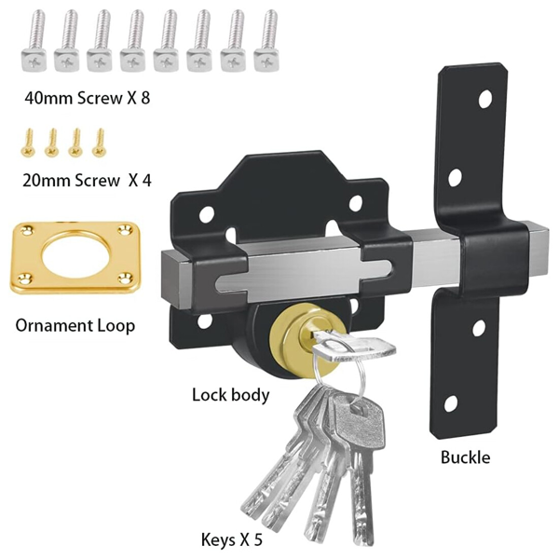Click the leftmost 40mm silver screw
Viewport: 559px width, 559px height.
pos(34,41)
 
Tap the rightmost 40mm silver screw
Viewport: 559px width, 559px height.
pos(266,40)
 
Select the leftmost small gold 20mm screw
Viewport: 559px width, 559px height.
pos(29,142)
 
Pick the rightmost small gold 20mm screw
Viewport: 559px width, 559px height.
pos(98,142)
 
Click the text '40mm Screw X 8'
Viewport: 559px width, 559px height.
pos(88,98)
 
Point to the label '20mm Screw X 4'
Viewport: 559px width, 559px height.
pos(87,181)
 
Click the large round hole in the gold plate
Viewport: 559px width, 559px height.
pos(75,257)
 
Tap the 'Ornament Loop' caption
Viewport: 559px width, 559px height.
pos(75,326)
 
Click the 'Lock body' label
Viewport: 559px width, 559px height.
pos(231,395)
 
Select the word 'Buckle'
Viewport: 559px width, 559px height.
pos(465,457)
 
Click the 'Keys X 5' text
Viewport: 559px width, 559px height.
pos(232,539)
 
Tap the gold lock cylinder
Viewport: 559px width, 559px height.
pos(304,338)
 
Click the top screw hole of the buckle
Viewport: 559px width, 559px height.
pos(484,99)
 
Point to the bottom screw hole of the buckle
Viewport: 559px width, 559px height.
pos(451,404)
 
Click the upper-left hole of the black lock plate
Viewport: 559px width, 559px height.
pos(207,216)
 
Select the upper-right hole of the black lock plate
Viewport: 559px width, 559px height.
pos(356,203)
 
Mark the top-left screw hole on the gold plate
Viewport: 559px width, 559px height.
pos(27,229)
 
